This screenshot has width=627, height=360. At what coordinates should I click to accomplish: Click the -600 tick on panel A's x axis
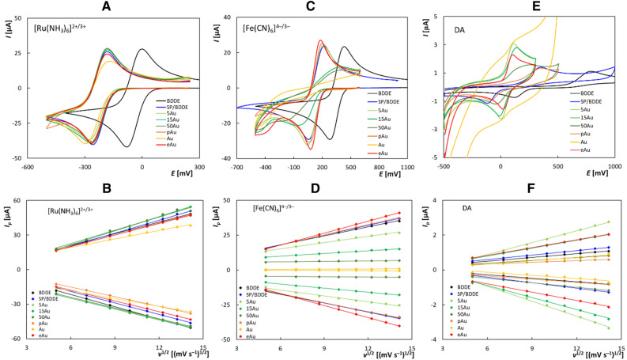(28, 167)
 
